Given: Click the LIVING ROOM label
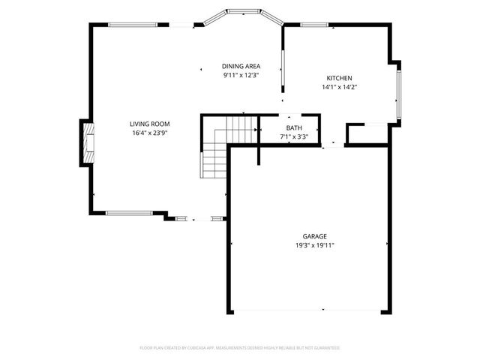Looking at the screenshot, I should (x=150, y=124).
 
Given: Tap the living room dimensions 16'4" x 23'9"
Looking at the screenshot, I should (x=150, y=133).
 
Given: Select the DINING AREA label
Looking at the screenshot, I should (x=241, y=67).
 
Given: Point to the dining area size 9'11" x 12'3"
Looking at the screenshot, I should (x=241, y=76).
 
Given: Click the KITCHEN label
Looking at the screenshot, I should (x=339, y=79).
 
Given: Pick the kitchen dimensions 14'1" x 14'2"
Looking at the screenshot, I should (x=339, y=88).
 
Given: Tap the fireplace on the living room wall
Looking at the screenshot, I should (x=88, y=143).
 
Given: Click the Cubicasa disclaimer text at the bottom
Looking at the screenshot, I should (x=240, y=348).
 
